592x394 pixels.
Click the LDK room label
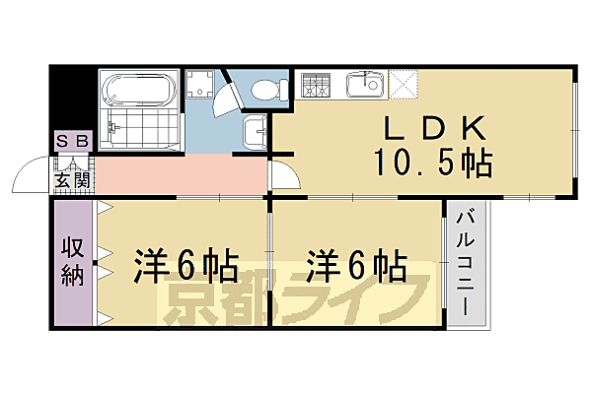point(431,128)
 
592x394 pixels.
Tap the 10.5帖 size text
point(432,162)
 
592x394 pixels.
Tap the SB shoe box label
point(71,141)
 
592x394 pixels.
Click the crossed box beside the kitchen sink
point(404,83)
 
